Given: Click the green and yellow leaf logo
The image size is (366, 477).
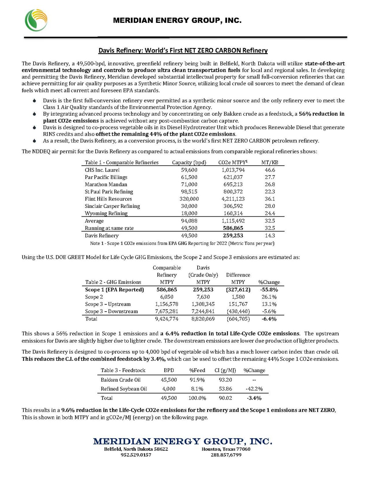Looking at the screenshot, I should pos(36,20).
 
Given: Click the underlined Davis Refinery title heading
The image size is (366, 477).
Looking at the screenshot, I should pos(183,50).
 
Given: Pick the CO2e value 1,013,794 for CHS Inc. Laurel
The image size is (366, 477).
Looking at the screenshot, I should pos(233,170).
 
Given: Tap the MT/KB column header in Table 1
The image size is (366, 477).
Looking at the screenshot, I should pos(270,163).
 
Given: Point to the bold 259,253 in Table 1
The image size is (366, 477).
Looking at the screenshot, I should pos(233,236).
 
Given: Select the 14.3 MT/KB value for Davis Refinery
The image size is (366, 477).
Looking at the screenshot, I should pos(270,236).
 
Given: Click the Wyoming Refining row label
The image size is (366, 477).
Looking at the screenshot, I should pos(106,213).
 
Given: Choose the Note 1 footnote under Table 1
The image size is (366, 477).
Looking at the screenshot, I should pos(182,244).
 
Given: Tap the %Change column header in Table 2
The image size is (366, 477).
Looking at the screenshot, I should pos(269,282).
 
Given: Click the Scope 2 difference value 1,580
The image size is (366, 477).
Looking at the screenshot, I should pos(238,297).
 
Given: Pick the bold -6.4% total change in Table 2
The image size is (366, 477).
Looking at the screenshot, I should pos(269,319).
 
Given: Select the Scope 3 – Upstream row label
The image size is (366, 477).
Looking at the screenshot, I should pos(108,304).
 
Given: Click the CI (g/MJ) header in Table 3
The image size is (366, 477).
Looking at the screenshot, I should pos(225,370).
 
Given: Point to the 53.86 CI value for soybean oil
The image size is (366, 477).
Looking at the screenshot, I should pos(225,389).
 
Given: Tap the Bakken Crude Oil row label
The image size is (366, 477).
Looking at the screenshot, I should pos(120,380).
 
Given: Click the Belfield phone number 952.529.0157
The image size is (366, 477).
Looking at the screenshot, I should pos(136,455).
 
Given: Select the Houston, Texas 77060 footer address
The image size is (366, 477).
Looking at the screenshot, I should pos(226,449).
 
